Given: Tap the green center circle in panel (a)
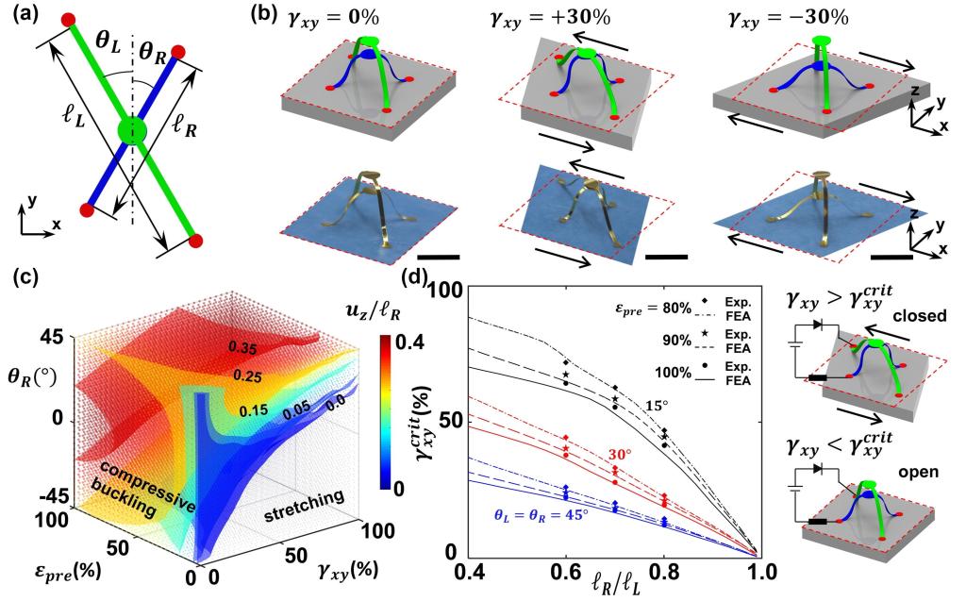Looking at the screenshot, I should pos(134,128).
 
